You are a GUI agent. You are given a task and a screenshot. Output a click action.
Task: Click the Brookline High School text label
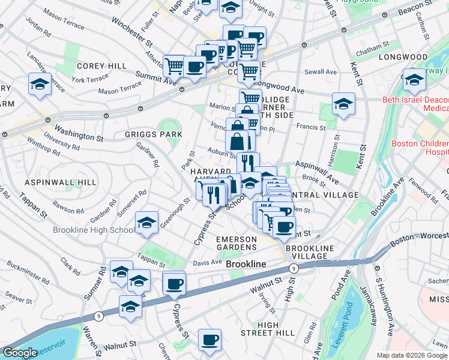coord(94,230)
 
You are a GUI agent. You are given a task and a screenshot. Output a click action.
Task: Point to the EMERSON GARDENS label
coord(237,244)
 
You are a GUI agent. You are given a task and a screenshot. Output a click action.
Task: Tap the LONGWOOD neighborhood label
coord(403,57)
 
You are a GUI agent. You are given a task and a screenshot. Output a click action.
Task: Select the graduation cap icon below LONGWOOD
coord(414,79)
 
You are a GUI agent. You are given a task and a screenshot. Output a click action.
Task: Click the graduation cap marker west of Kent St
coord(344,103)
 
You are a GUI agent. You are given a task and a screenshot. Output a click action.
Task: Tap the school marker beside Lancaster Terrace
coord(40,84)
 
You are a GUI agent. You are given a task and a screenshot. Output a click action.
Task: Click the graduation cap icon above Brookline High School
coord(147,223)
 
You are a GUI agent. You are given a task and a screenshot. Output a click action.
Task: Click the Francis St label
coord(311,127)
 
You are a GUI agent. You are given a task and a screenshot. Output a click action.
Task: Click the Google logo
coord(20,353)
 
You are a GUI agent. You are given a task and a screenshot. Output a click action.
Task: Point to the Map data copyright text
coord(411,355)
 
